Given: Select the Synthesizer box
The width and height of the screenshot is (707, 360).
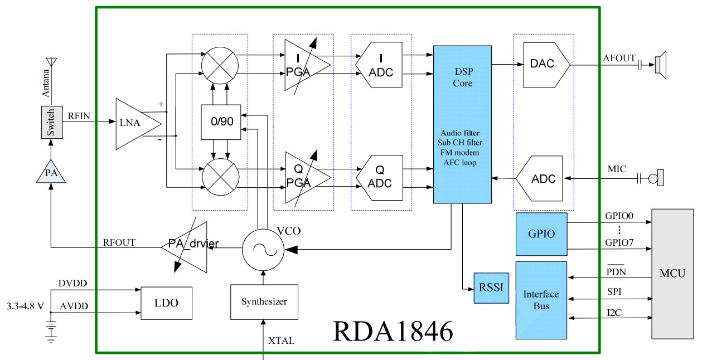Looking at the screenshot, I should coord(264,301).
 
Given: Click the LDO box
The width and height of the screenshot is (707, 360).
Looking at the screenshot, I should coord(166,303).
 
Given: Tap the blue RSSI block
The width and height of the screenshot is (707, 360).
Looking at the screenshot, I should coord(491,288).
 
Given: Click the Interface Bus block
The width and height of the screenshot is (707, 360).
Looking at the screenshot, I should coord(541,300).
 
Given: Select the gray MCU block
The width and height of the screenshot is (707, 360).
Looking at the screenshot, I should coord(672,273).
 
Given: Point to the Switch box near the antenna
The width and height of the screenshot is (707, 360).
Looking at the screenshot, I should coord(51,121).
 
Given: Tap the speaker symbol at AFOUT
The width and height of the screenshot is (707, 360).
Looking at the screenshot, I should coord(660,65).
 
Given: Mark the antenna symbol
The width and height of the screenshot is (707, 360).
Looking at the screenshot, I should coord(51,62).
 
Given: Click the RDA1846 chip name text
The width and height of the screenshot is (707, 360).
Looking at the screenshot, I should coord(393,330).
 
